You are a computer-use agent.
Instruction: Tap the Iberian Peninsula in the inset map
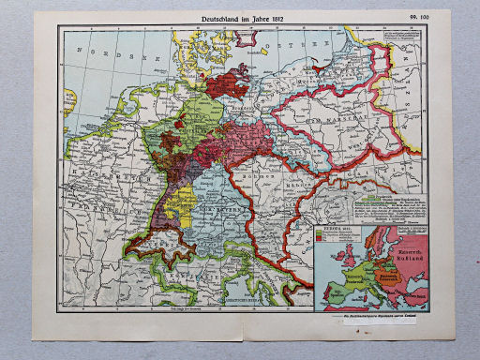point(327,294)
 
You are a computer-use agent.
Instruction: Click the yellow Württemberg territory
point(184,202)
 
